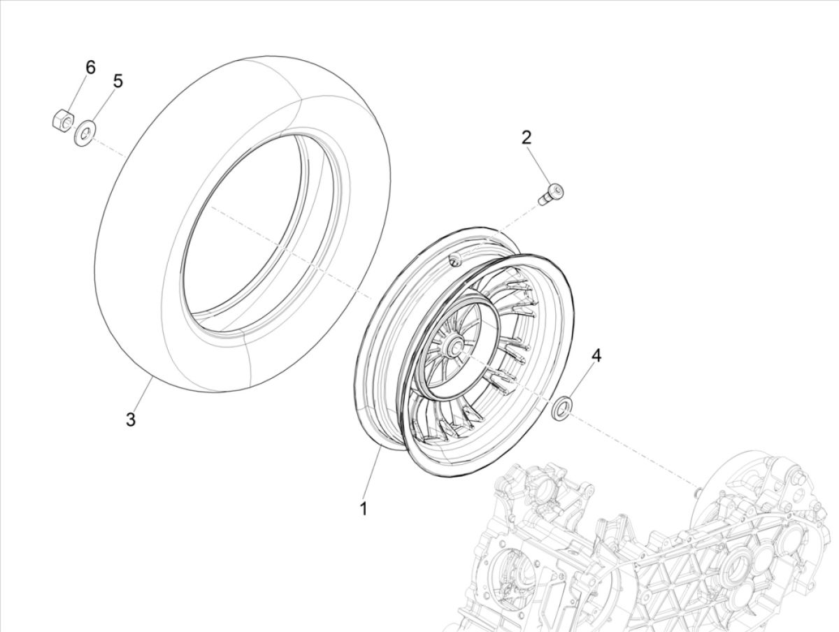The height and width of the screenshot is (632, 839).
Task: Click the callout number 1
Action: pos(363,509)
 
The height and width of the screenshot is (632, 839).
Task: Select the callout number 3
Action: pos(130,419)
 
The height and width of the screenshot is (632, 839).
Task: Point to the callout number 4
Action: pos(596,356)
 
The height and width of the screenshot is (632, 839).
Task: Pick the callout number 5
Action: pos(117,81)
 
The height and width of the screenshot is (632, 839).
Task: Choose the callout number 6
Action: pos(90,68)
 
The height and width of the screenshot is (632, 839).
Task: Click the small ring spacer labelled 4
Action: pos(561,408)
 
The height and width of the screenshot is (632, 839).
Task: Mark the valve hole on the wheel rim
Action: pos(455,261)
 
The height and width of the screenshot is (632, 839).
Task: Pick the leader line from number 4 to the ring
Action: pos(581,381)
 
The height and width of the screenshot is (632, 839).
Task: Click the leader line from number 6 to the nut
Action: pos(78,91)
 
